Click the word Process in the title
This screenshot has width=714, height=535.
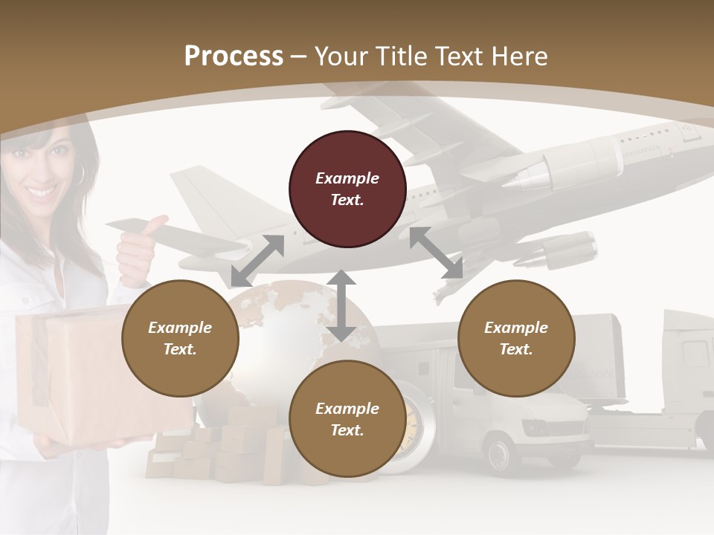[x=234, y=56]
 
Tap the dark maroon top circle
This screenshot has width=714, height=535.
[x=347, y=189]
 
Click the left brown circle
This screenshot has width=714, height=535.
[x=180, y=338]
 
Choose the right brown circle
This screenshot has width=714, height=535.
[x=515, y=338]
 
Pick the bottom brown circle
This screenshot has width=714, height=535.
[x=347, y=419]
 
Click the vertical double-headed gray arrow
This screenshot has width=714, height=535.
[x=341, y=305]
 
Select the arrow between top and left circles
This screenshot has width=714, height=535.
[x=257, y=261]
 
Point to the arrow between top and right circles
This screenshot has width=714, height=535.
[x=436, y=253]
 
